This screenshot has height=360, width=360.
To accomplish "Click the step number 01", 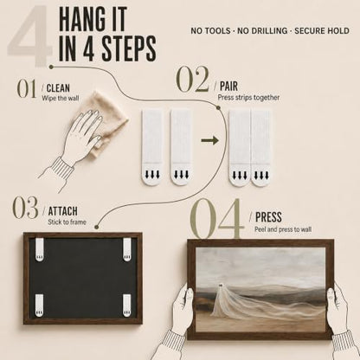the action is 27,89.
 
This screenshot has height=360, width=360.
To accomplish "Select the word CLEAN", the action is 58,88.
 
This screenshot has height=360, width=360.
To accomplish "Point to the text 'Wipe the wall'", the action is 61,98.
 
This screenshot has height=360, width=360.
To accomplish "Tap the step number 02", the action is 192,80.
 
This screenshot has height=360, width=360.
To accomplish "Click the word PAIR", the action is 228,86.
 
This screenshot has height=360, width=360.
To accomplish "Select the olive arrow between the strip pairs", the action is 209,140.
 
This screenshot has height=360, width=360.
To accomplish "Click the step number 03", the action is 25,208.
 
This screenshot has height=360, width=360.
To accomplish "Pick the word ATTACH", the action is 63,211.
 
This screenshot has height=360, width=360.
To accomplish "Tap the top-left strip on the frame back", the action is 40,249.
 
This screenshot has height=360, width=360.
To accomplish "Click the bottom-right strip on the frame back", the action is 126,305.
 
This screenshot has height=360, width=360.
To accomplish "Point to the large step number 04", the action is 215,218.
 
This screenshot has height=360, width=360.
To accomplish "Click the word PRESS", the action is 268,217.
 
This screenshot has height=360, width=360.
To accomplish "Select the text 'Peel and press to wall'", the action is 283,229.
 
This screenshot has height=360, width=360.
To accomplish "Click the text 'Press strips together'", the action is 248,98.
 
